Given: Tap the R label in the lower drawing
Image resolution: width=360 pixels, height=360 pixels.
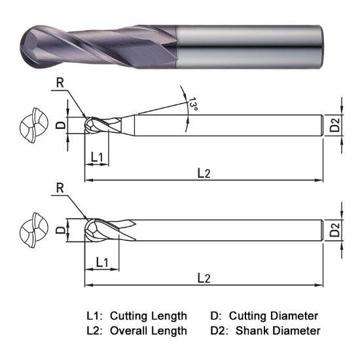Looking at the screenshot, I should [x=60, y=188].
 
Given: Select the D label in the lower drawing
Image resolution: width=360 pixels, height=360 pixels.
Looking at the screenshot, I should [x=59, y=230].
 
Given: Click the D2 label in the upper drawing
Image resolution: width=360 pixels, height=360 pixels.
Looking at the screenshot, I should [x=334, y=124].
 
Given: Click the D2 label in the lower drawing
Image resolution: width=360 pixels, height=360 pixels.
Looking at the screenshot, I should [x=334, y=230].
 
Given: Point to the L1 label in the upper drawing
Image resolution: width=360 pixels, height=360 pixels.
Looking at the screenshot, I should [x=96, y=156].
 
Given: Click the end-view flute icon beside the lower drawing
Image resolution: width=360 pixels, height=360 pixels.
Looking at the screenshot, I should [x=33, y=230].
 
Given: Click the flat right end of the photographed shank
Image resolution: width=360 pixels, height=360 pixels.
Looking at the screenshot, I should [x=321, y=43].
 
